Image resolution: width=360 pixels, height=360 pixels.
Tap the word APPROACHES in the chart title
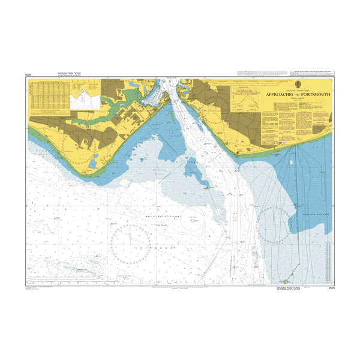(x=283, y=95)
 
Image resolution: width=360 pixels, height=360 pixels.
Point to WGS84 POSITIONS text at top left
(x=68, y=74)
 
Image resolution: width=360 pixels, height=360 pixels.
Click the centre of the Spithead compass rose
(x=130, y=245)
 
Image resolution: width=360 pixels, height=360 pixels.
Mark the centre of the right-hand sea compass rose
(x=274, y=225)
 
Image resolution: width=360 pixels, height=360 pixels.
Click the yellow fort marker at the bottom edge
(x=286, y=281)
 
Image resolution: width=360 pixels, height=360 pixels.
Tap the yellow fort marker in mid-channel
(x=208, y=187)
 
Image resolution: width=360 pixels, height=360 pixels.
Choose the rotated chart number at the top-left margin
(x=28, y=74)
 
